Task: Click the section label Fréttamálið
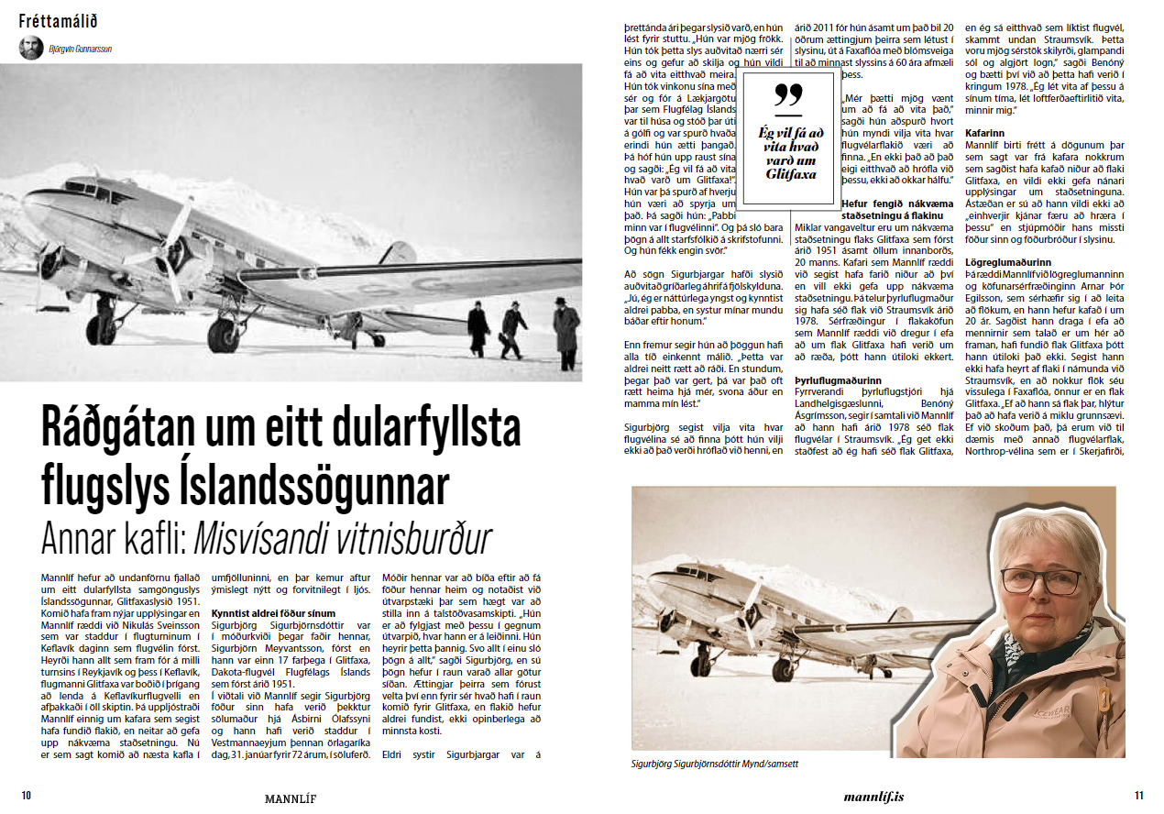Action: [57, 20]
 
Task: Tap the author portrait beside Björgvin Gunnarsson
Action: [31, 48]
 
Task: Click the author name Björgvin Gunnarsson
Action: [81, 49]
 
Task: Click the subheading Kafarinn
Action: [986, 133]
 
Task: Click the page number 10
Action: [27, 796]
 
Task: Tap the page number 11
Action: [1138, 796]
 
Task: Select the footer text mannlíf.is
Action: [873, 797]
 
